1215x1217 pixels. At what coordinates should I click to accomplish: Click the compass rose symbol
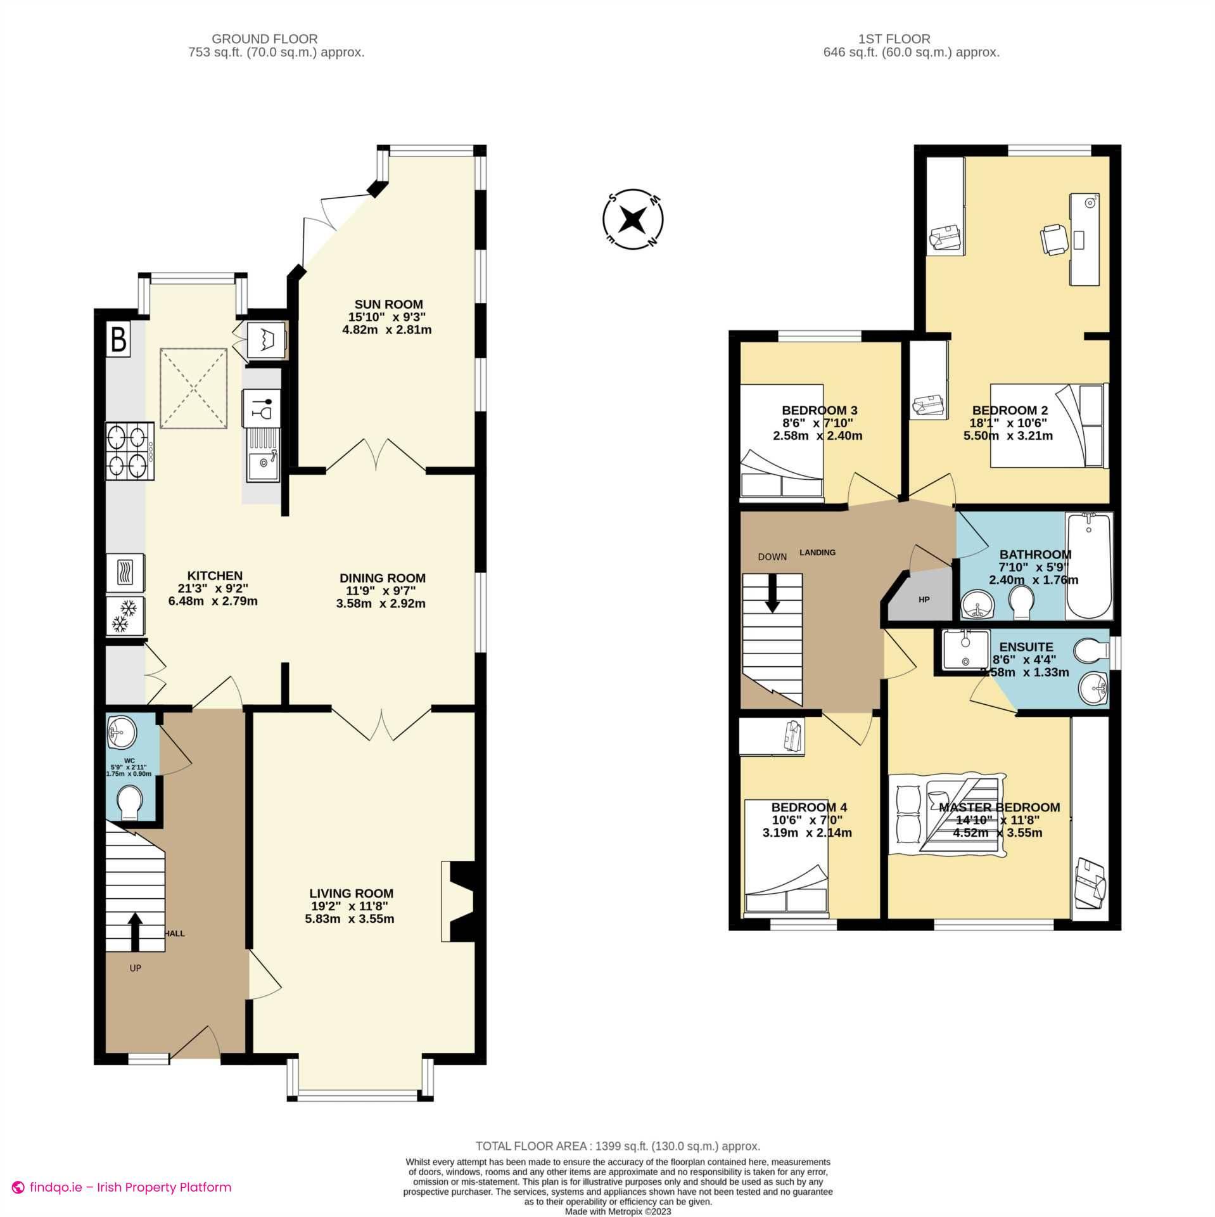click(632, 220)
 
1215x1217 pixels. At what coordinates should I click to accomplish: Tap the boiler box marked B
click(118, 338)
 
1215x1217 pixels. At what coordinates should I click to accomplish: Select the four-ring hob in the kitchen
click(129, 451)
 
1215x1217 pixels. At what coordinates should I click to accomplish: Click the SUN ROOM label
click(388, 304)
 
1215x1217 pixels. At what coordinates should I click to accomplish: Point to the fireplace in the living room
click(459, 900)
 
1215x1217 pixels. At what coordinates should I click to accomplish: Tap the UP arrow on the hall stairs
click(134, 931)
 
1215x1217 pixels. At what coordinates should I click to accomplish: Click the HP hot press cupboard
click(923, 597)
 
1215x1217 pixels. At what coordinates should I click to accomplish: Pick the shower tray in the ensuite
click(965, 648)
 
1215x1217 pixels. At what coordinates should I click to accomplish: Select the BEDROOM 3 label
click(819, 410)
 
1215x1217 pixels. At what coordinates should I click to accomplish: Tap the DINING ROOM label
click(382, 578)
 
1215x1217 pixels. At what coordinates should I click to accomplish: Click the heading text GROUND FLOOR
click(264, 39)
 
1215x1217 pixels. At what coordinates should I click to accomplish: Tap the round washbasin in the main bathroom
click(979, 605)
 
